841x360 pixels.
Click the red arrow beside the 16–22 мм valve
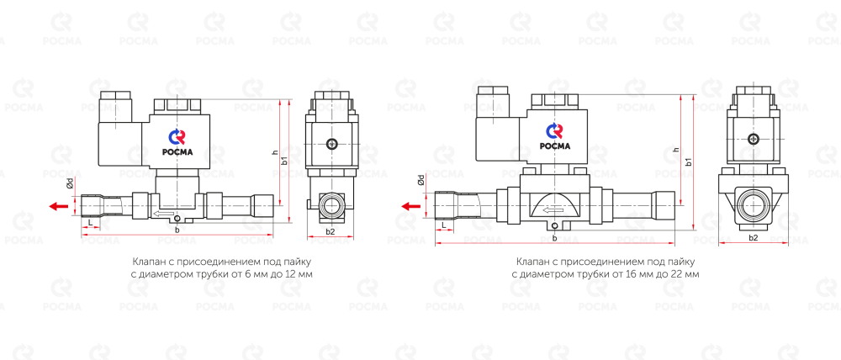click(x=411, y=205)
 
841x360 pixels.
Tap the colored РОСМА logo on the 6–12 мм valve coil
click(x=177, y=143)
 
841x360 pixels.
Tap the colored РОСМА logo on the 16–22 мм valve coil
click(x=554, y=136)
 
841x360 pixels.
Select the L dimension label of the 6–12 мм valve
click(x=90, y=222)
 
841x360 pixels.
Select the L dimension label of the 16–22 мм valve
click(x=443, y=228)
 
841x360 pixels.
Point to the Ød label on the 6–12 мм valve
click(x=70, y=184)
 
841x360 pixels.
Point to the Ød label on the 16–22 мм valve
click(x=421, y=179)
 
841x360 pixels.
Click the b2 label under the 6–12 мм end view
click(x=331, y=231)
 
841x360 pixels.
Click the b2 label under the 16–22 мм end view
click(x=753, y=237)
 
